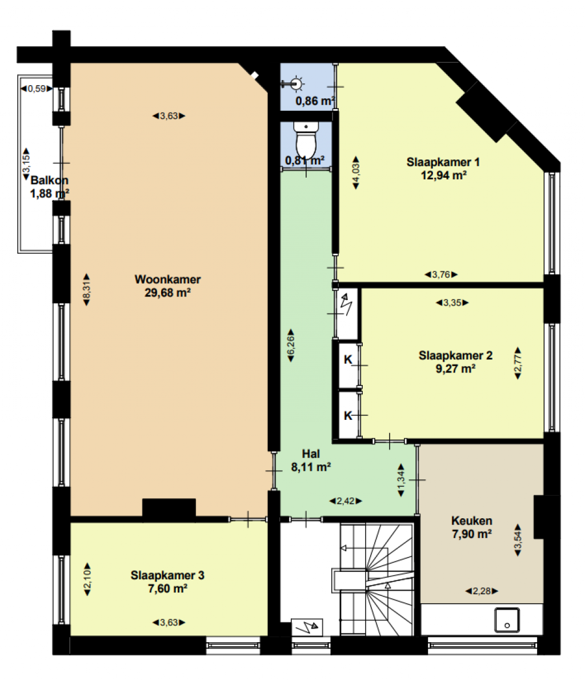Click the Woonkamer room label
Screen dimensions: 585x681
[x=167, y=279]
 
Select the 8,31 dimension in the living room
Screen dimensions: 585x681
[x=86, y=290]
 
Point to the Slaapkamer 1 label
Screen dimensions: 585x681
[x=443, y=162]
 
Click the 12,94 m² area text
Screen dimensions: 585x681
[x=443, y=175]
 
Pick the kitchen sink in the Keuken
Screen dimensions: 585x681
[x=507, y=620]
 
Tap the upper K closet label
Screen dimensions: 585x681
[x=348, y=359]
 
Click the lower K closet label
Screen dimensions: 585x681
[x=348, y=416]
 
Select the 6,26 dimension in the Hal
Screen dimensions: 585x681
[x=291, y=345]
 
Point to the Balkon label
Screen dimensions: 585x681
[x=49, y=180]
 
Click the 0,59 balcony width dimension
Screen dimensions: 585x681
[x=37, y=89]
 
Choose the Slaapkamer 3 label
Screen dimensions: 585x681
[x=167, y=575]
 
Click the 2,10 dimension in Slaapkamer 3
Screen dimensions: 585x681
[x=87, y=579]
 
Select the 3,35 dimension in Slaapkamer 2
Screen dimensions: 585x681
[x=452, y=303]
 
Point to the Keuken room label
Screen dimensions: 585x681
[x=472, y=520]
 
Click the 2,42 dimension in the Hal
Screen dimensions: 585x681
[x=346, y=501]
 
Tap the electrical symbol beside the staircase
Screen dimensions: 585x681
[x=307, y=627]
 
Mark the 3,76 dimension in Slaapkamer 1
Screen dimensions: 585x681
[x=441, y=274]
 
